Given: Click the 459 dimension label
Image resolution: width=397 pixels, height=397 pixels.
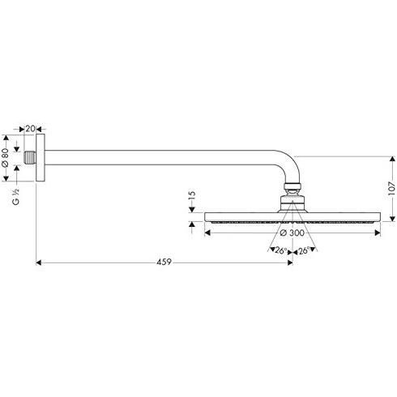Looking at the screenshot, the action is point(164,262).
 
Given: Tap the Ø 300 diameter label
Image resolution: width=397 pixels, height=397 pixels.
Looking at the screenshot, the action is point(292,233).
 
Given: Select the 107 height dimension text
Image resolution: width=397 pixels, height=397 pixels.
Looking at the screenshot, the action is point(391,188).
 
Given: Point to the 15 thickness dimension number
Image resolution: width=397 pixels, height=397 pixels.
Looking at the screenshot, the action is point(191,195).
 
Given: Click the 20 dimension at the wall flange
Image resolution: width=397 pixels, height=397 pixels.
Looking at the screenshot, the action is point(30,129).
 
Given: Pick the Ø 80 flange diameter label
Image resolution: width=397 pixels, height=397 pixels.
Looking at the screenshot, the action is point(5,158).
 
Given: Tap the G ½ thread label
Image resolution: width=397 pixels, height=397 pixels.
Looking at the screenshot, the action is point(16,196).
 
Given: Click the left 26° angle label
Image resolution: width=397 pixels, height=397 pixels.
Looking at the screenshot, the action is point(281,250).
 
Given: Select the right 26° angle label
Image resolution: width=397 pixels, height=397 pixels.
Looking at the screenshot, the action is point(304,250).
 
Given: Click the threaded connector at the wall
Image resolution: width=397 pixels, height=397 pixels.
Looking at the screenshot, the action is point(30,158).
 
